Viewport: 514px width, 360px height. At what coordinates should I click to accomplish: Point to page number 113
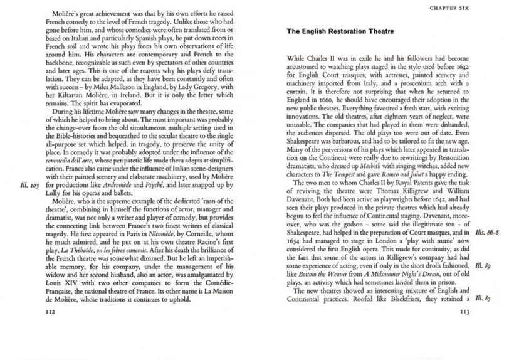coord(465,311)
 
